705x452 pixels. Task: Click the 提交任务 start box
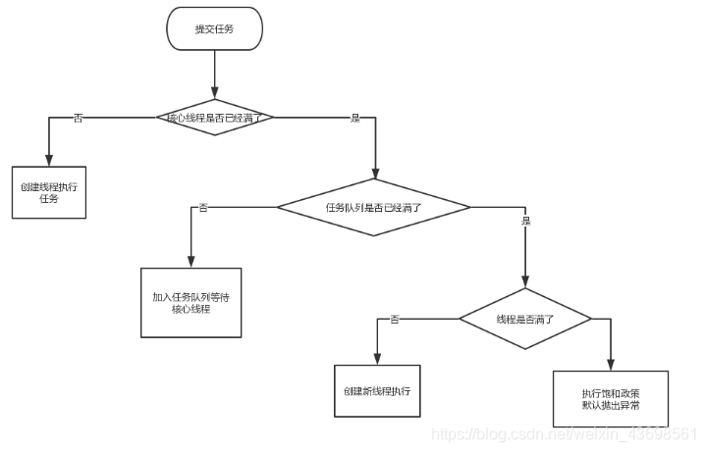tap(214, 28)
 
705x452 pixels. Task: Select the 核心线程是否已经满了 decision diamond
tap(214, 118)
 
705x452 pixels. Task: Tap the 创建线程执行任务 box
tap(48, 191)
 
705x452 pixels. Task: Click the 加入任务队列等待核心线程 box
tap(190, 302)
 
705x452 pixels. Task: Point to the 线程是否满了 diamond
tap(524, 319)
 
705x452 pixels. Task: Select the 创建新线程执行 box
tap(377, 390)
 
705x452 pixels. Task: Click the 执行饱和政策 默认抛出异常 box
tap(610, 398)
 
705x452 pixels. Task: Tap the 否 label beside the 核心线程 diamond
tap(79, 118)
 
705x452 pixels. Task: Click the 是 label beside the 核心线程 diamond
tap(355, 118)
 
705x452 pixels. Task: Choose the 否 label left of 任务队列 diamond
tap(203, 207)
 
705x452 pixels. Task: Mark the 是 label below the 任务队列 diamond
tap(525, 222)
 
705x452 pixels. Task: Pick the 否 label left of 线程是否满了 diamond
tap(395, 319)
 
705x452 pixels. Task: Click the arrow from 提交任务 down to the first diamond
tap(214, 74)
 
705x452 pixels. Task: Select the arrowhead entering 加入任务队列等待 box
tap(190, 262)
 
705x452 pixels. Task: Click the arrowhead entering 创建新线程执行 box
tap(377, 359)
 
